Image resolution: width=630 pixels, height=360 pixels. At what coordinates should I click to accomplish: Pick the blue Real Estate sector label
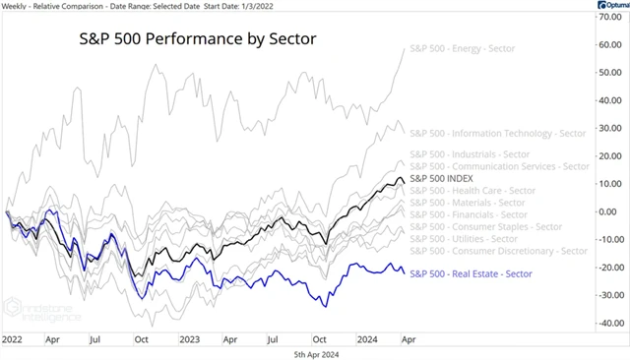pos(471,272)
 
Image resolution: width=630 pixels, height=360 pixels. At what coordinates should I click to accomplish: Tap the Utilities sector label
pos(459,239)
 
